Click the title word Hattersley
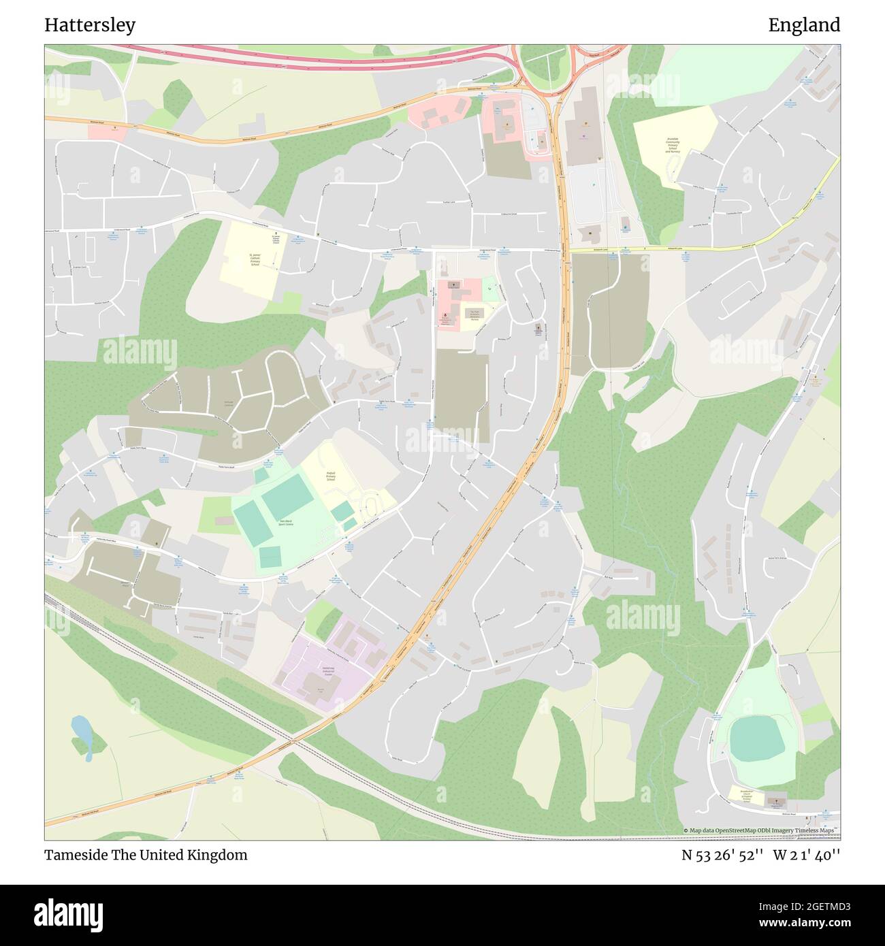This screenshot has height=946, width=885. point(90,25)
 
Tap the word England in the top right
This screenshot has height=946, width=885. point(804,25)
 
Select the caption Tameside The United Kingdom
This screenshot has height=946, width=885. point(146,855)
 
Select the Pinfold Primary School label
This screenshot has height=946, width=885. point(331,476)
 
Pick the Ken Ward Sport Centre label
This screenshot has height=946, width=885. point(286,523)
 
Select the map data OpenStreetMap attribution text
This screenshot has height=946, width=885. point(761,830)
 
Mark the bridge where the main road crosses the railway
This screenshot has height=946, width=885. point(291,740)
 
